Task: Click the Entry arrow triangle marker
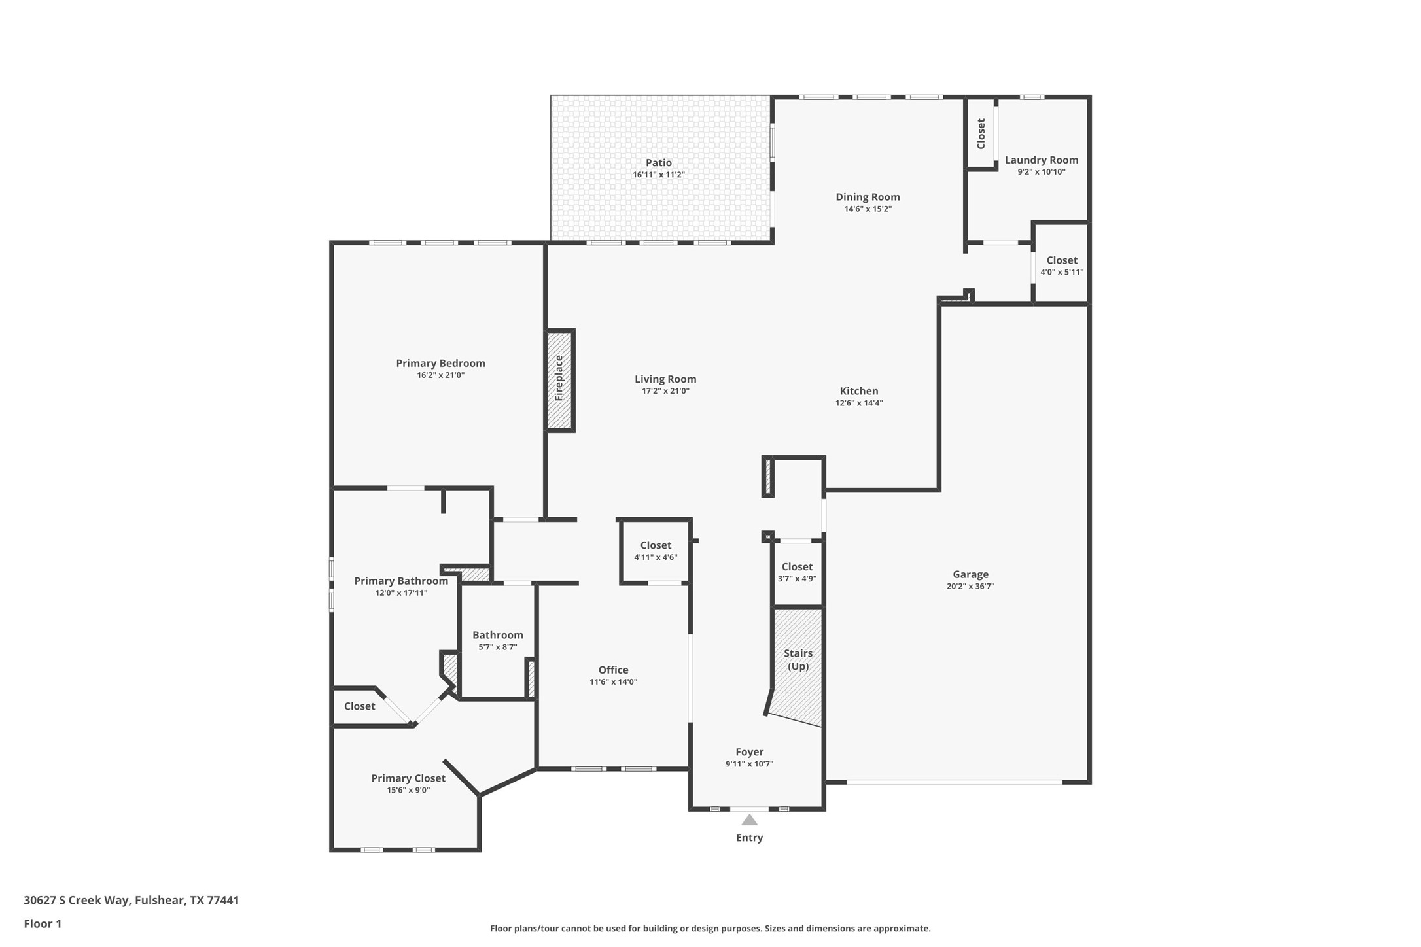click(x=749, y=820)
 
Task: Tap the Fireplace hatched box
click(x=559, y=380)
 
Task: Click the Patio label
click(x=658, y=163)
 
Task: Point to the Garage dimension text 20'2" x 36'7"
click(x=970, y=587)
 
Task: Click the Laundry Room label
click(x=1041, y=160)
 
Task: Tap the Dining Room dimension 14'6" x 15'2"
click(x=868, y=209)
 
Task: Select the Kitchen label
click(x=858, y=391)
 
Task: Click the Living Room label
click(x=665, y=379)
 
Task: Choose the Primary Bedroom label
click(x=440, y=363)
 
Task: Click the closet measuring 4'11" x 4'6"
click(x=655, y=551)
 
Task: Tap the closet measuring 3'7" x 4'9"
click(x=796, y=572)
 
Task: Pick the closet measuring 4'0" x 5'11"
click(x=1061, y=266)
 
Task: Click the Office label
click(x=613, y=670)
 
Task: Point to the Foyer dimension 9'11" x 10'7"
click(x=749, y=764)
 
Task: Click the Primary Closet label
click(x=408, y=778)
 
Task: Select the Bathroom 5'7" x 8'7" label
click(x=497, y=635)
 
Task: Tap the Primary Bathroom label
click(x=400, y=581)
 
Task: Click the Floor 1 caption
click(x=43, y=924)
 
